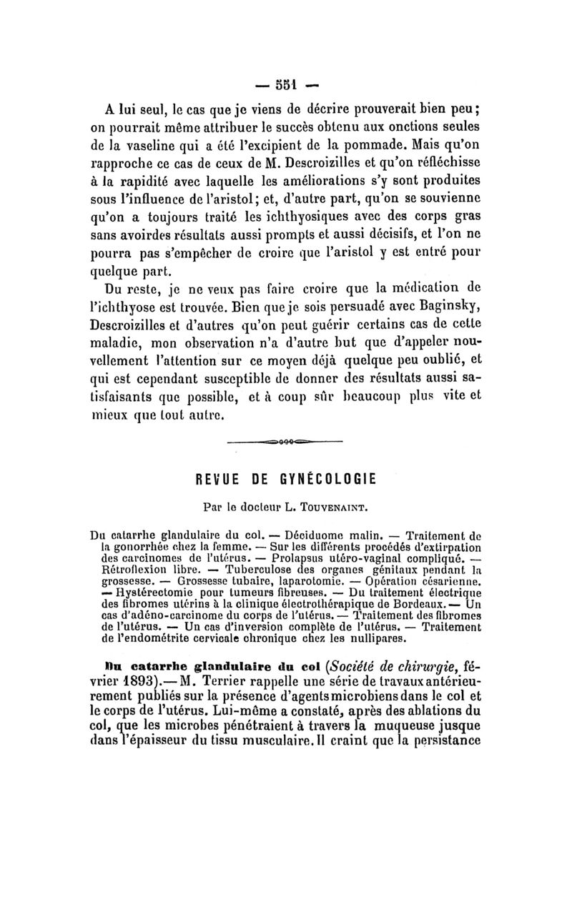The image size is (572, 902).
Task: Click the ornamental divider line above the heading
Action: click(x=285, y=442)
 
